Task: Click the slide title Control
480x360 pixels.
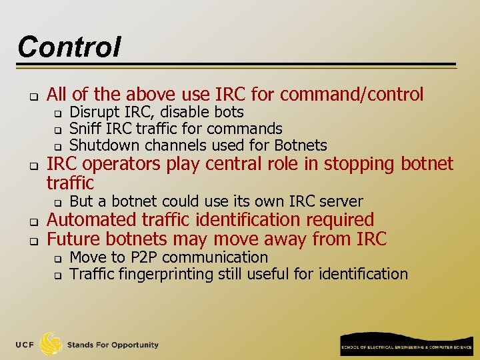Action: point(69,47)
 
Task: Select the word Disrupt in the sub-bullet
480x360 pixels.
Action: point(93,112)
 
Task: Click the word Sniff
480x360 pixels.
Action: point(84,129)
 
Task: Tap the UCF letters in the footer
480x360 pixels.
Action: point(25,345)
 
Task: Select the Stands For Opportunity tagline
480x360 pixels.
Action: point(113,345)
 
